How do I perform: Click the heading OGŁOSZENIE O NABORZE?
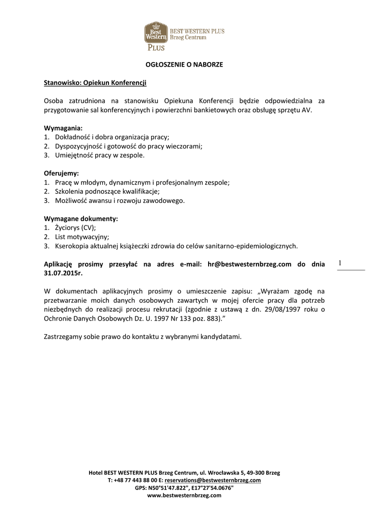coord(184,65)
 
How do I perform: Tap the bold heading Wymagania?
coord(63,128)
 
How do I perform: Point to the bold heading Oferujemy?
coord(62,173)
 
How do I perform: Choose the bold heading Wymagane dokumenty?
coord(81,219)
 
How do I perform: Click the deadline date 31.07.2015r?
coord(63,273)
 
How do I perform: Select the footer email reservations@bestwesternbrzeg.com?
coord(213,480)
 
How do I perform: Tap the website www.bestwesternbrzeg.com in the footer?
coord(184,495)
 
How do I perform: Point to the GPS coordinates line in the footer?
coord(184,487)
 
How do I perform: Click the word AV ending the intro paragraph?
coord(306,110)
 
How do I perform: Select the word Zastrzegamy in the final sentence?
coord(63,337)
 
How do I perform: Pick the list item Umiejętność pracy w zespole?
coord(100,155)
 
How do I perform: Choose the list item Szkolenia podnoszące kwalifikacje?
coord(107,191)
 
